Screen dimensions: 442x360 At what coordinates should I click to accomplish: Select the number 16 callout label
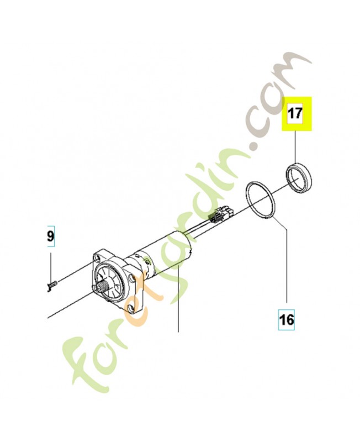pyautogui.click(x=287, y=319)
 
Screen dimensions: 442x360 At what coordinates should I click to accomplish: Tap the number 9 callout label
pyautogui.click(x=50, y=238)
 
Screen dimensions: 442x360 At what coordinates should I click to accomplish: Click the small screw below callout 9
pyautogui.click(x=51, y=284)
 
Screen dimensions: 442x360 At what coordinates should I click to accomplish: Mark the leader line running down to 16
pyautogui.click(x=287, y=265)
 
